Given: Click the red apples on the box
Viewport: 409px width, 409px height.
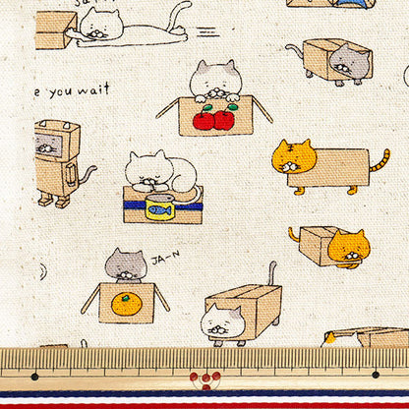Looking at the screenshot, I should coord(213,119).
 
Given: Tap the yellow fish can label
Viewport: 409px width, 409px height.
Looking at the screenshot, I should coord(158,208).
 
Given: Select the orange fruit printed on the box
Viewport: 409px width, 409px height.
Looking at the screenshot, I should coord(125,304).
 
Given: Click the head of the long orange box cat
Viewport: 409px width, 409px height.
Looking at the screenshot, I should coord(293,157).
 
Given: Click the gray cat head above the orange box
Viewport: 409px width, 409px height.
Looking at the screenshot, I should coord(125,264).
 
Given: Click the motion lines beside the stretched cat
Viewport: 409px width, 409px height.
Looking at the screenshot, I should coord(207,31).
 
